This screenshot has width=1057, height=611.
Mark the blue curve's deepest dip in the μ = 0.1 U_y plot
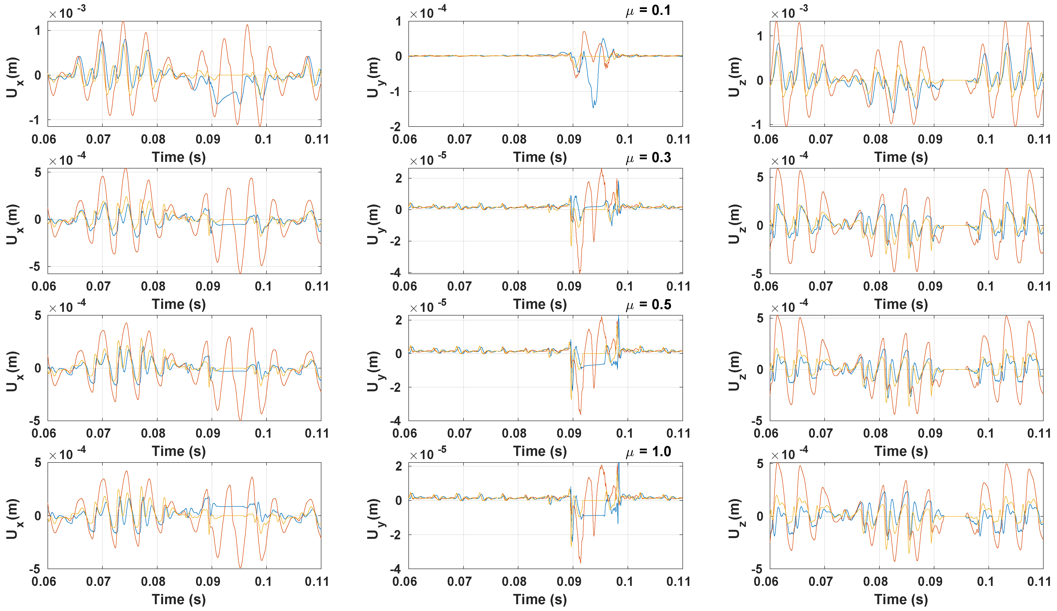(x=593, y=107)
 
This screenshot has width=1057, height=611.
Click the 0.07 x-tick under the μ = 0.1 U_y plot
(x=459, y=139)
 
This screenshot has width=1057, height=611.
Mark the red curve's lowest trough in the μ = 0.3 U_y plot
(x=580, y=272)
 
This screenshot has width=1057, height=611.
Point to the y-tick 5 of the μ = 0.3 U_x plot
(x=38, y=172)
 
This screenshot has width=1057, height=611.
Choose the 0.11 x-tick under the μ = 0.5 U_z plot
(x=1038, y=433)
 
